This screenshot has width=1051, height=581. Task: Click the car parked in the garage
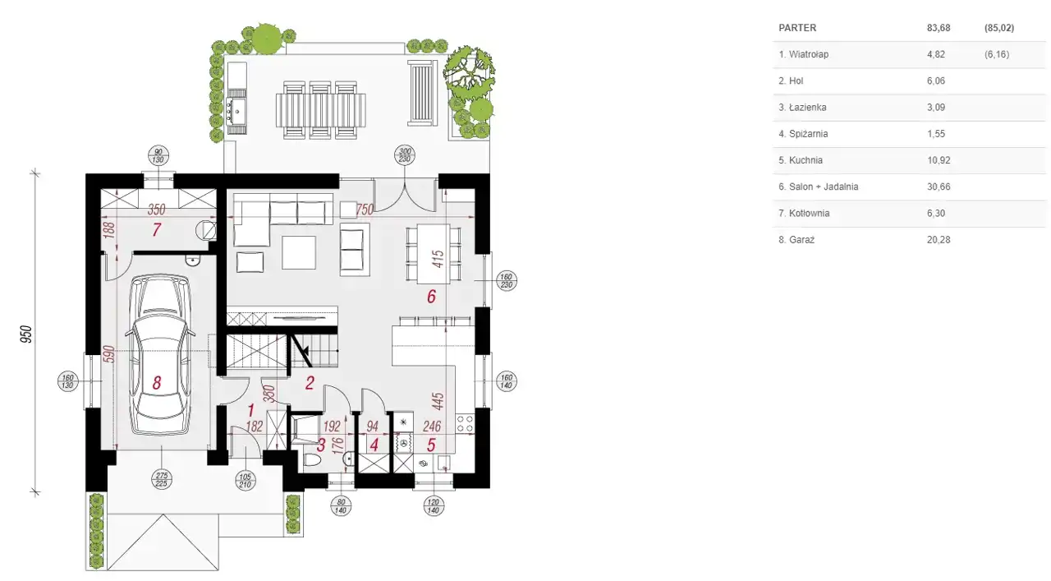[x=160, y=355]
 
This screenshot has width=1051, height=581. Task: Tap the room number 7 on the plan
[x=157, y=229]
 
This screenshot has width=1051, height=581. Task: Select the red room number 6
[x=431, y=297]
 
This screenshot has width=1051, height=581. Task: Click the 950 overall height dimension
[x=26, y=334]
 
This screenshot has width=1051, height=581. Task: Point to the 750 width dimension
[x=365, y=210]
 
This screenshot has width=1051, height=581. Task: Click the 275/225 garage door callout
[x=162, y=480]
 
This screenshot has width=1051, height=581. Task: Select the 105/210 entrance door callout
[x=245, y=481]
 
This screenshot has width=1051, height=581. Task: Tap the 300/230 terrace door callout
[x=405, y=155]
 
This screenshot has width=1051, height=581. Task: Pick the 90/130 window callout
[x=158, y=155]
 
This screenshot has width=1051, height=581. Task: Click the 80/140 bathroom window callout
[x=341, y=506]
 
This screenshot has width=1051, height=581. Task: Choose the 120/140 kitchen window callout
[x=433, y=506]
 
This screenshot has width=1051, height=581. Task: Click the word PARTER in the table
[x=797, y=28]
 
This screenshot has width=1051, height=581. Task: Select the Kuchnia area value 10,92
[x=939, y=160]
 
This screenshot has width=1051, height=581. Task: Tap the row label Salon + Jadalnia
[x=824, y=187]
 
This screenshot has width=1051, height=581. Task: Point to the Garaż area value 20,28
[x=939, y=239]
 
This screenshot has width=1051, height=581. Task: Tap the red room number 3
[x=321, y=445]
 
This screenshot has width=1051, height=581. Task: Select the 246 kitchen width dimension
[x=432, y=426]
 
